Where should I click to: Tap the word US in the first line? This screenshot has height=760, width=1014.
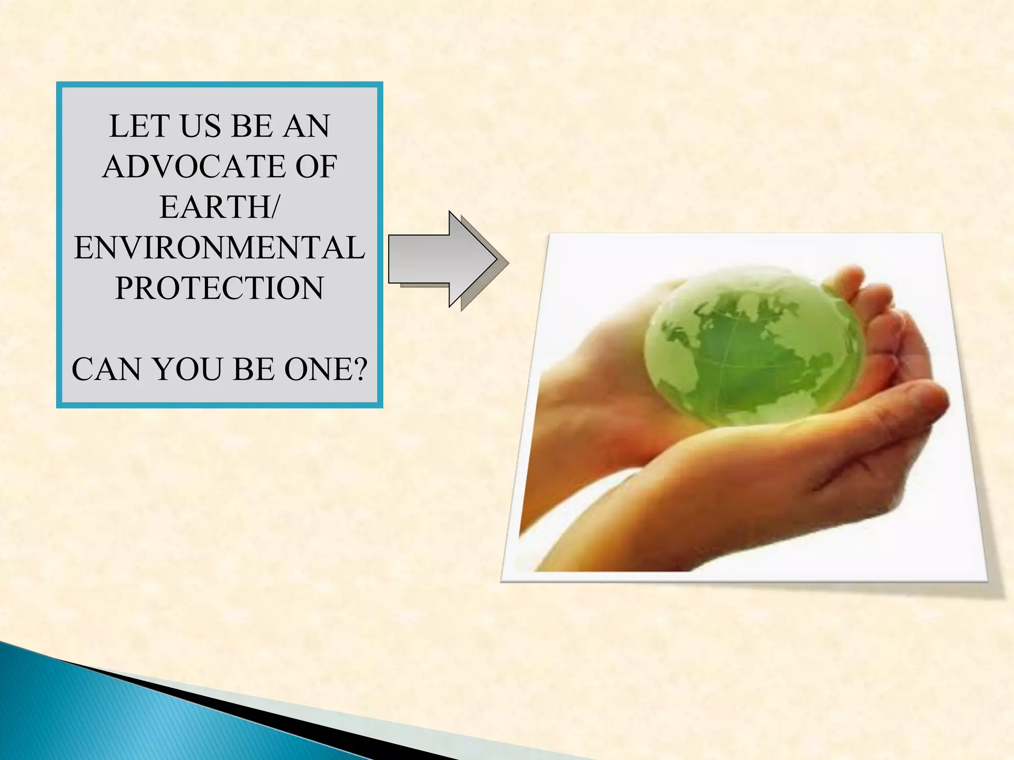(x=201, y=126)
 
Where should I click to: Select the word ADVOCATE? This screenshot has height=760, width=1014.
(x=194, y=167)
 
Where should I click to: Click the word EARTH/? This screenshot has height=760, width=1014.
(x=219, y=207)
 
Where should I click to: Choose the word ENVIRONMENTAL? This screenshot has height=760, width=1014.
(x=219, y=248)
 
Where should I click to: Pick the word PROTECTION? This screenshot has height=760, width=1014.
(x=219, y=288)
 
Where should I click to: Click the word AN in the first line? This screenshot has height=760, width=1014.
(x=306, y=126)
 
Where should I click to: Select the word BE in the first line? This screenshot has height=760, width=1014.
(x=252, y=126)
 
